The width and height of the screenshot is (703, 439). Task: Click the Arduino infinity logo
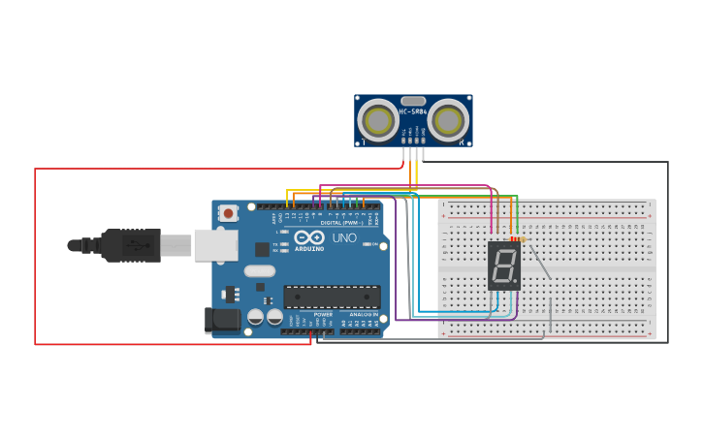(309, 237)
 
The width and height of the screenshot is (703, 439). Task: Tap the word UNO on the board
(344, 237)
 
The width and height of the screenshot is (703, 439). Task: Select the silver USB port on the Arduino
(215, 245)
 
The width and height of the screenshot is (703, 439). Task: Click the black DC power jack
(222, 320)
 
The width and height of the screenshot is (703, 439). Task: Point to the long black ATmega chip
(332, 297)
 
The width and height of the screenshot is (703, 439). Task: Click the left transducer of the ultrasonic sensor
(377, 121)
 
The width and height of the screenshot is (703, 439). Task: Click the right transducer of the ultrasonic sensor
(448, 121)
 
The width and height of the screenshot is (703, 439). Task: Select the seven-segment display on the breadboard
(503, 266)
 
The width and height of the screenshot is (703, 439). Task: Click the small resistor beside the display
(517, 239)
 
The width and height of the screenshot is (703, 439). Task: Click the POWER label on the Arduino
(323, 314)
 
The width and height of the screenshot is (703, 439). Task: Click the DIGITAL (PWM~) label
(339, 222)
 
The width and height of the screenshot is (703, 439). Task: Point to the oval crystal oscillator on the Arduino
(260, 271)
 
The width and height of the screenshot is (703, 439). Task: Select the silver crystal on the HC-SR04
(413, 101)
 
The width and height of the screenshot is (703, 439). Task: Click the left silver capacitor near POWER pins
(255, 317)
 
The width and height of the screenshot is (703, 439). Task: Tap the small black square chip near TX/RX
(262, 249)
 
